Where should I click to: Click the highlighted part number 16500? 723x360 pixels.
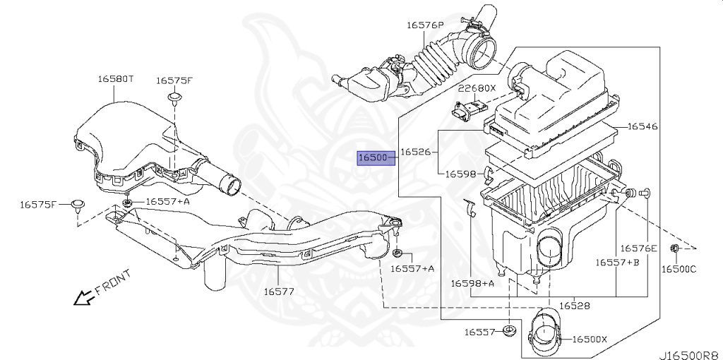[x=372, y=157]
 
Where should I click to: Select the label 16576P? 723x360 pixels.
[x=425, y=25]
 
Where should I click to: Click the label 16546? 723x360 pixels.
[x=643, y=127]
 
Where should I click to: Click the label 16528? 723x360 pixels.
[x=575, y=306]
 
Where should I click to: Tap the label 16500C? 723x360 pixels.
[x=679, y=269]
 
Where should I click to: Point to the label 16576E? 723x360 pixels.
[x=638, y=248]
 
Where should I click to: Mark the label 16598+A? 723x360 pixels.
[x=472, y=283]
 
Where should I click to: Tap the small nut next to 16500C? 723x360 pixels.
[x=674, y=248]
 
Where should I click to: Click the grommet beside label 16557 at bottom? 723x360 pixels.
[x=509, y=331]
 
